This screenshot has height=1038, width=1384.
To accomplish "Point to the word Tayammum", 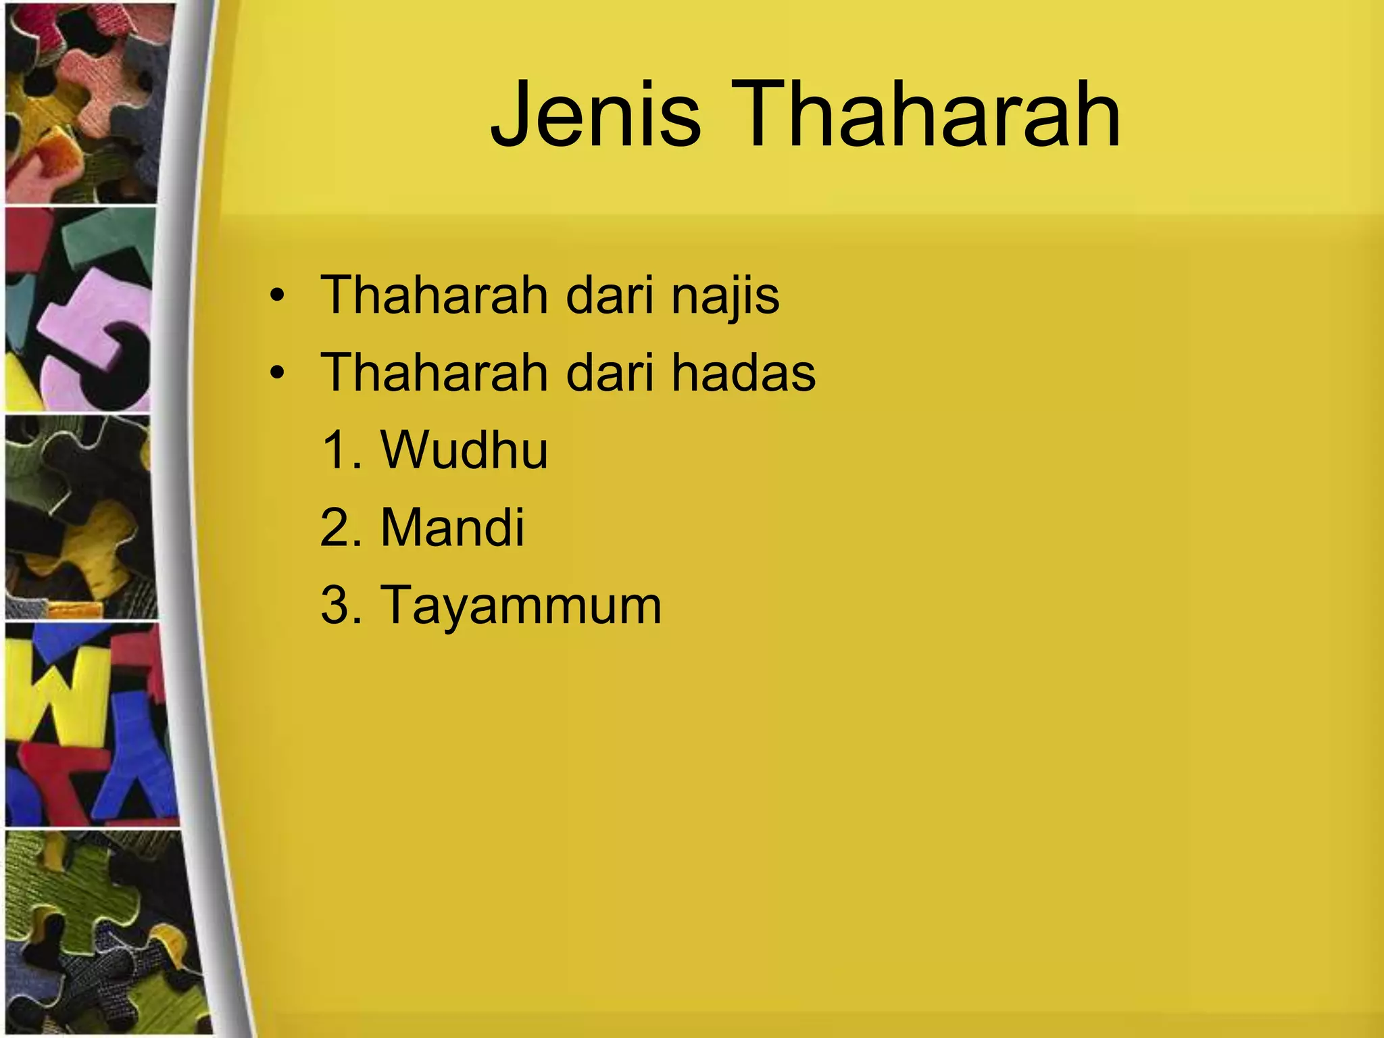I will (521, 605).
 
